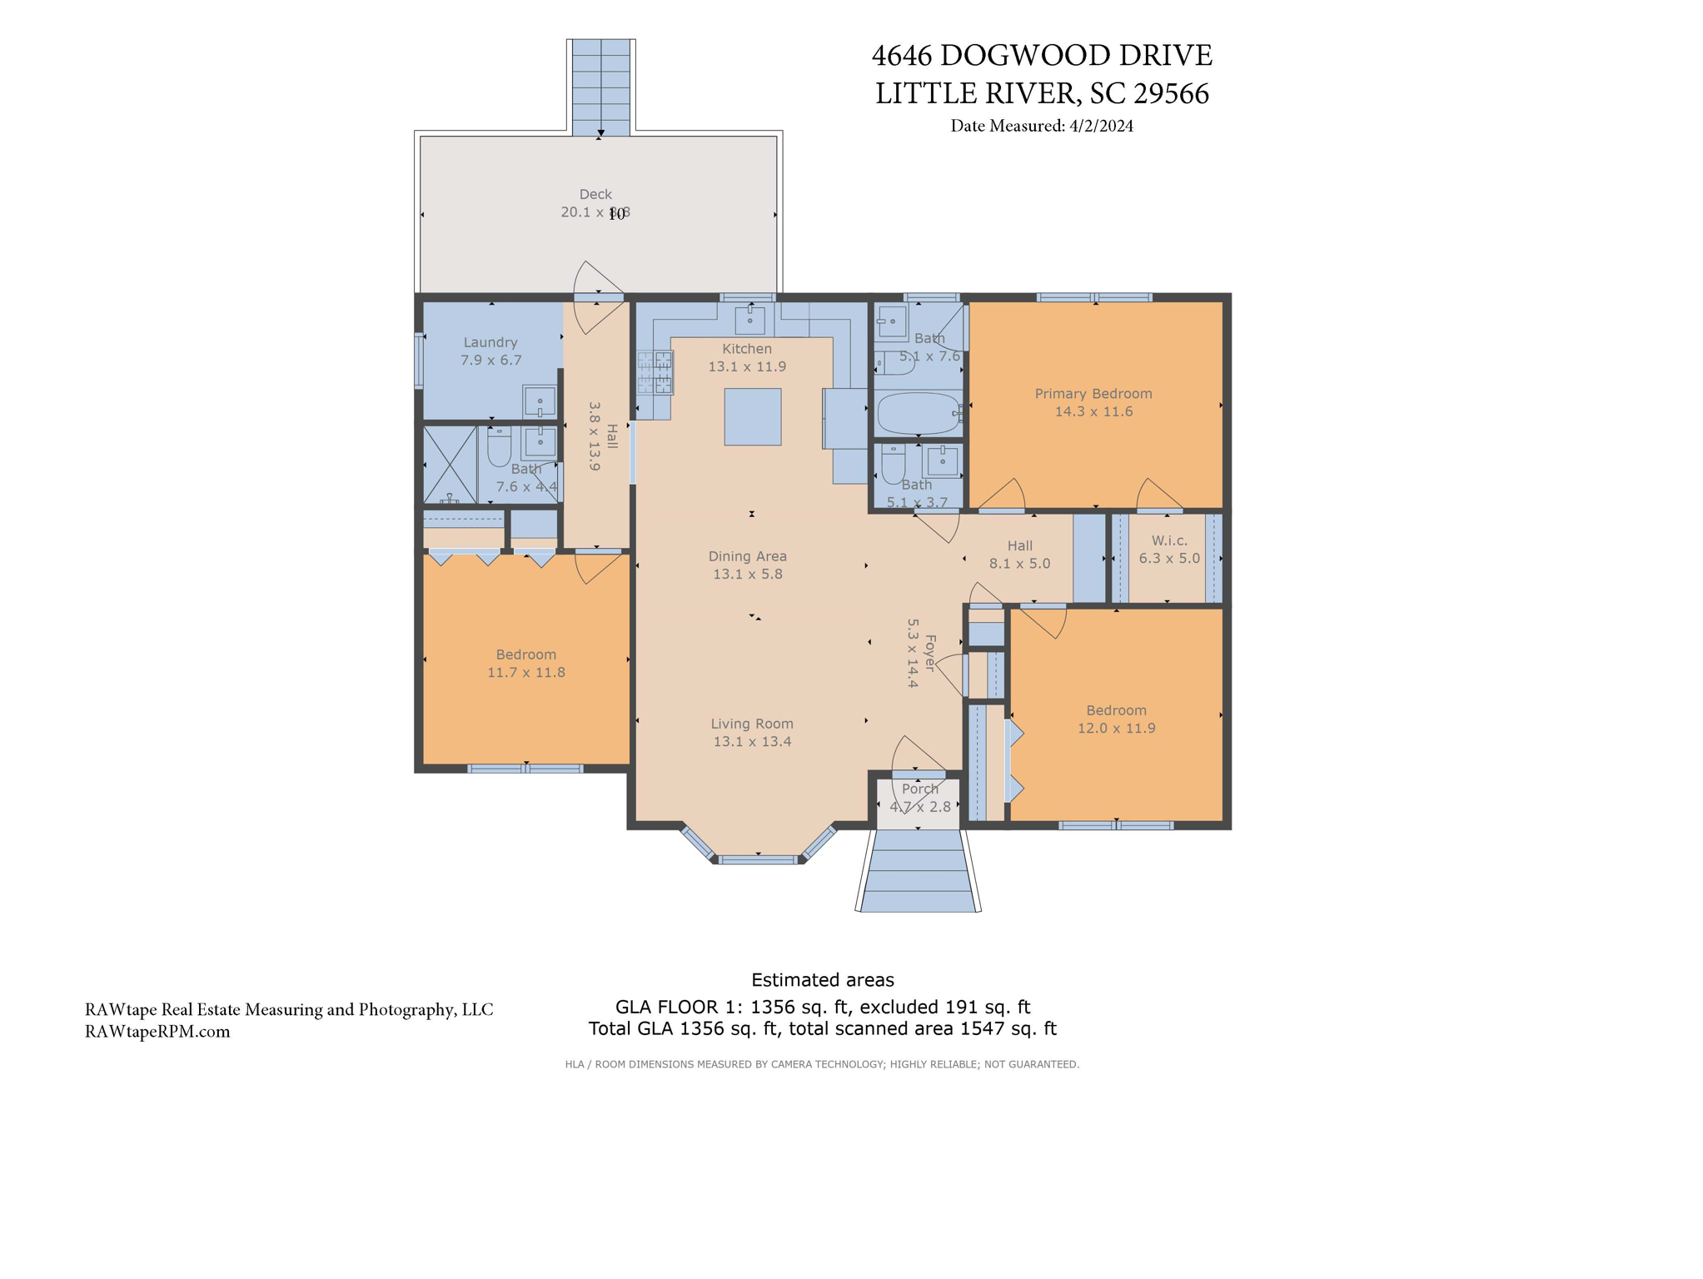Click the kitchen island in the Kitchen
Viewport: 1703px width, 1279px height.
point(752,416)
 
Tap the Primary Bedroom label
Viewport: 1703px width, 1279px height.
point(1093,394)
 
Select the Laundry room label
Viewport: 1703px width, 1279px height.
point(490,342)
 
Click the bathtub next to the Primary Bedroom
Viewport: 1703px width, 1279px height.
point(918,413)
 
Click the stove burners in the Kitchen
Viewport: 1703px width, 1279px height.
point(655,372)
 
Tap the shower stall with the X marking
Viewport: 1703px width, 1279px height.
point(450,464)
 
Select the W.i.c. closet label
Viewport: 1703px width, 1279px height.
point(1168,540)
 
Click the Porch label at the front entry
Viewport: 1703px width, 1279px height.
point(919,789)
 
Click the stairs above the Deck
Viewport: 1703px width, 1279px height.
point(600,87)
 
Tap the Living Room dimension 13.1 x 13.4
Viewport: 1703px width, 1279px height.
point(752,742)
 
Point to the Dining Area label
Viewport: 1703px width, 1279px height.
point(747,556)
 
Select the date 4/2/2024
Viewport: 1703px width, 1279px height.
point(1101,126)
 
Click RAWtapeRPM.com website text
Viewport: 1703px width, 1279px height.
point(157,1032)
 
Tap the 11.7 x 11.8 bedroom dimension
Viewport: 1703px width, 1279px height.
point(525,673)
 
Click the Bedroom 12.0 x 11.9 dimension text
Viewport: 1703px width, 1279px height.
point(1116,729)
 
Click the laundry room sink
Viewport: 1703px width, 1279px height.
point(540,402)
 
